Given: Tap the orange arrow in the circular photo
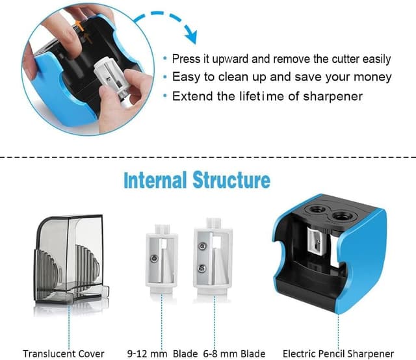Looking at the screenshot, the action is pos(79,25).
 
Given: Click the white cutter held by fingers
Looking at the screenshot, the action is pos(113,79).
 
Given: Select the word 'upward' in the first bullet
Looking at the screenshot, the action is pos(231,59).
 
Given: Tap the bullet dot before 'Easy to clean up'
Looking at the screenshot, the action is pos(165,77).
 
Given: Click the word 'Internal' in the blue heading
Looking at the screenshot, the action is pos(155,180).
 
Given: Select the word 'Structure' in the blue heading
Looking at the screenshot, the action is pos(231,180).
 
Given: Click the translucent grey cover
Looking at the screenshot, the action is pos(70,259).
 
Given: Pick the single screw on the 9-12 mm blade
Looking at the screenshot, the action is pos(153,258).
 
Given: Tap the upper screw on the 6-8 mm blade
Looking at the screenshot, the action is pos(202,246).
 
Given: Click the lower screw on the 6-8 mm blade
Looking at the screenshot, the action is pos(202,268).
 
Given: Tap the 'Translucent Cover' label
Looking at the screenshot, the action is pos(64,354).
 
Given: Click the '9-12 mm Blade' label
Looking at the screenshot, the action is pos(162,354).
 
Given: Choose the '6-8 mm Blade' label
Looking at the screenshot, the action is pos(234,354).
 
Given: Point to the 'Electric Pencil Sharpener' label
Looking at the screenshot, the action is pos(338,354).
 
